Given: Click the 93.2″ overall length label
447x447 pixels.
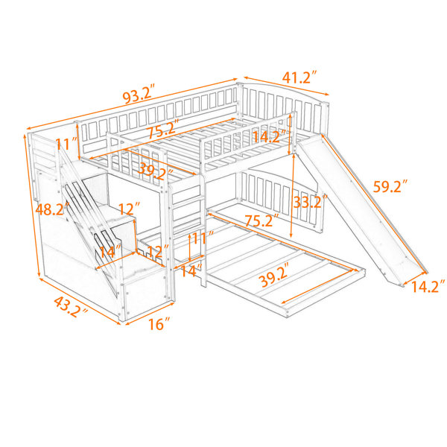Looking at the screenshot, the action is pyautogui.click(x=139, y=93).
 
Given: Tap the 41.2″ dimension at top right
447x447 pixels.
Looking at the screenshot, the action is pyautogui.click(x=299, y=77).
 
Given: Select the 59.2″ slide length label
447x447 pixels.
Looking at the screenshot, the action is pyautogui.click(x=390, y=186).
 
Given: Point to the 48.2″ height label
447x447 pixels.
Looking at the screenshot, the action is pyautogui.click(x=53, y=209).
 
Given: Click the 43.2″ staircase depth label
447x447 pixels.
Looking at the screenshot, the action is pyautogui.click(x=71, y=307).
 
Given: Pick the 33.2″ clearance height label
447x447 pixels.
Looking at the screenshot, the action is pyautogui.click(x=310, y=202).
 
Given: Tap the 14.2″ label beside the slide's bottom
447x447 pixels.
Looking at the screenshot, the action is pyautogui.click(x=428, y=287).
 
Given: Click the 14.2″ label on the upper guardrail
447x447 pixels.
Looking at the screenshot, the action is pyautogui.click(x=270, y=136).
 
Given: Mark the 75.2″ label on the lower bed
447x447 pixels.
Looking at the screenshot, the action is pyautogui.click(x=262, y=220).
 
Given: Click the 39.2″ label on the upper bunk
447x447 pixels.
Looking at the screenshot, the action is pyautogui.click(x=156, y=172).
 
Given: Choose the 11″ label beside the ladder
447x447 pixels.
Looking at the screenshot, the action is pyautogui.click(x=203, y=238).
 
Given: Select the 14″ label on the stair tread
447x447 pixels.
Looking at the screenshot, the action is pyautogui.click(x=110, y=252).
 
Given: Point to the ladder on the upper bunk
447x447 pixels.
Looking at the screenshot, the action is pyautogui.click(x=187, y=228).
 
